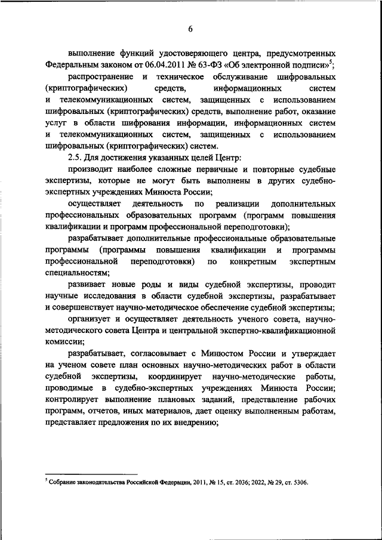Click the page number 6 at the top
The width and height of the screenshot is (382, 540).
tap(191, 29)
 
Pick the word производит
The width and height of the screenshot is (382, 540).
tap(93, 169)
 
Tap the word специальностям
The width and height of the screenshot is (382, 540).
tap(73, 273)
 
